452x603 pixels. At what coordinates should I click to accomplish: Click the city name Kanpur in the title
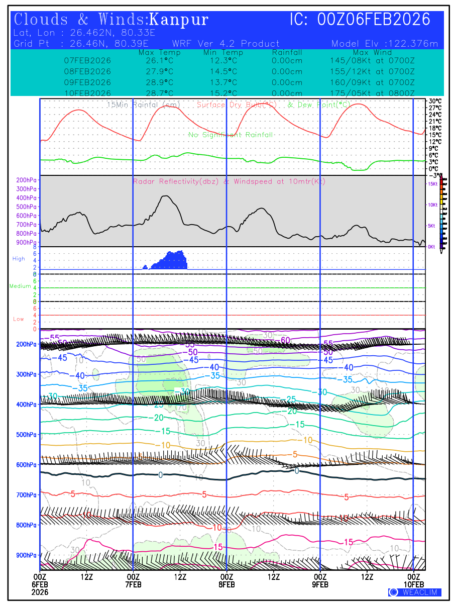(179, 20)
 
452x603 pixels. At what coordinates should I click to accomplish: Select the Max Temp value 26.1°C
(156, 60)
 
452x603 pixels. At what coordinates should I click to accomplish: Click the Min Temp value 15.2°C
(223, 93)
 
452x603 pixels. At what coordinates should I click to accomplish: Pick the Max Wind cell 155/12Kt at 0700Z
(372, 71)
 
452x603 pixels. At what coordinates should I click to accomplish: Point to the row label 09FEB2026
(88, 82)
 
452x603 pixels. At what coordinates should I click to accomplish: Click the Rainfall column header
(287, 52)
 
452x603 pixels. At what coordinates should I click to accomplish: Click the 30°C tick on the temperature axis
(435, 101)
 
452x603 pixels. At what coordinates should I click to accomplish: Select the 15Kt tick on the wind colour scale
(432, 184)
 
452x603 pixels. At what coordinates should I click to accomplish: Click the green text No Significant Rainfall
(231, 135)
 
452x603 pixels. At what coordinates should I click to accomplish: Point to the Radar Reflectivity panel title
(229, 181)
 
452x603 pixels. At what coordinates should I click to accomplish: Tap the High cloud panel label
(19, 259)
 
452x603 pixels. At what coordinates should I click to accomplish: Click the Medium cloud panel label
(20, 286)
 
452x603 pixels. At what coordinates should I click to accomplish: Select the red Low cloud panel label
(19, 319)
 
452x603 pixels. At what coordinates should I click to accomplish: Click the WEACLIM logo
(415, 592)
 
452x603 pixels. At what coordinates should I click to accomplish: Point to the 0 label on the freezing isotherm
(160, 475)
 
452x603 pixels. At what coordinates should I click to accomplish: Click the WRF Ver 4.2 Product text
(225, 44)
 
